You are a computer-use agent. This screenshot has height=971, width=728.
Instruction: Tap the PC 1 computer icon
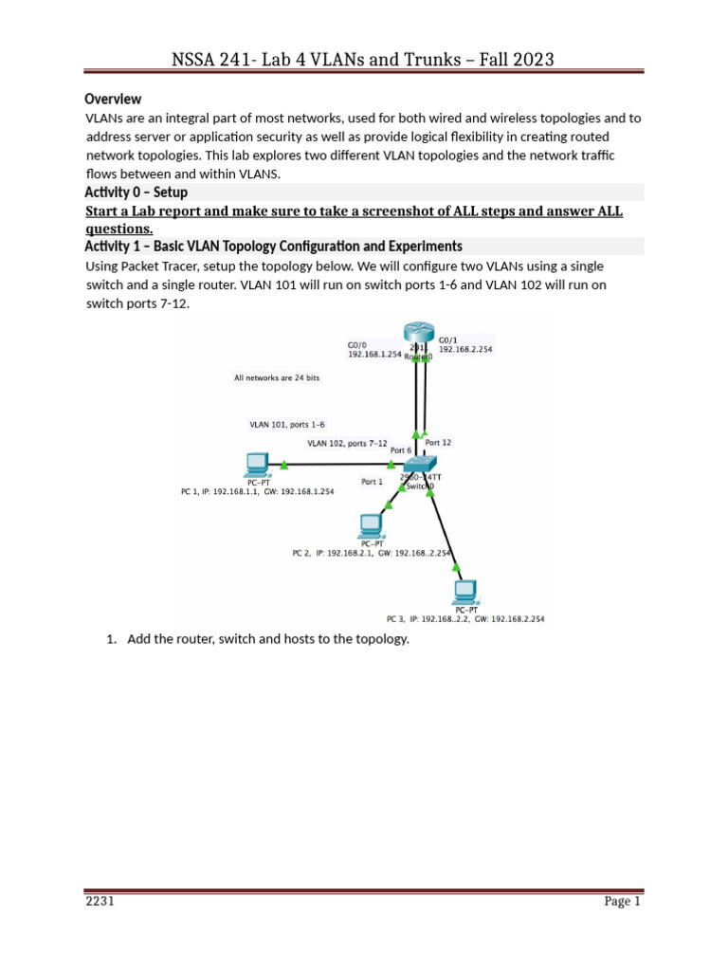(x=256, y=465)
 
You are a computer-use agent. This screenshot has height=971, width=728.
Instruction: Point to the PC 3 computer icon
(x=464, y=592)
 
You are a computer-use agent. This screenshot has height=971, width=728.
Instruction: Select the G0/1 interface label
(x=447, y=338)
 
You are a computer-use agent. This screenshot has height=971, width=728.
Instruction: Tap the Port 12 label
(x=438, y=443)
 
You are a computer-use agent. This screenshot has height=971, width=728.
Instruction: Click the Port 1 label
(x=373, y=481)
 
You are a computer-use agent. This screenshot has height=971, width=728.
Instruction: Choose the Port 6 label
(x=401, y=450)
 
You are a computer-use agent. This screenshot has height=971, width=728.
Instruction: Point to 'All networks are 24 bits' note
(x=277, y=377)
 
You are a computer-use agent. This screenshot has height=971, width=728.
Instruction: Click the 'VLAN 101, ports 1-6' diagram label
(x=287, y=425)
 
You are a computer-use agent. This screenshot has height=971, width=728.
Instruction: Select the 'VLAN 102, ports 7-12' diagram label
(x=347, y=442)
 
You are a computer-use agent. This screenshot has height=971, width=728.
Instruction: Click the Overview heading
(x=113, y=99)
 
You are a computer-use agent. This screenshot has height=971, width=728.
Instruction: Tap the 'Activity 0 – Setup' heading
(x=136, y=192)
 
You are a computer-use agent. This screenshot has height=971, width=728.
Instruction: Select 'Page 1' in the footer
(x=623, y=902)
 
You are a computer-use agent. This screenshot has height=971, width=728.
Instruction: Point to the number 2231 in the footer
(x=100, y=902)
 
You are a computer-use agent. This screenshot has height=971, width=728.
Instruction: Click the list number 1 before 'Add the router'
(x=111, y=639)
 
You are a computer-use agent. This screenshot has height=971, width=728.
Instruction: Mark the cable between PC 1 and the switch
(x=337, y=465)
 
